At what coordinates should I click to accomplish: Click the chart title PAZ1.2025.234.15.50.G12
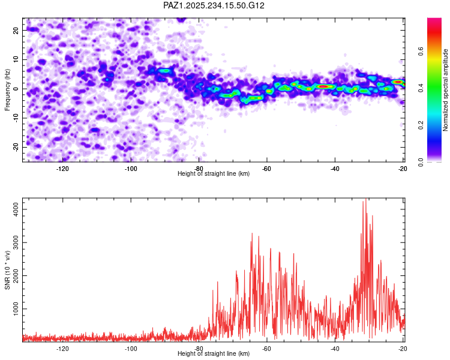coord(214,5)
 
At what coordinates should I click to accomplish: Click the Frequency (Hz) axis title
coord(8,90)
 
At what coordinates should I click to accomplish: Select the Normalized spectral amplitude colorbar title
coord(446,90)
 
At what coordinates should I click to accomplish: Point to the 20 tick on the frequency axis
coord(16,30)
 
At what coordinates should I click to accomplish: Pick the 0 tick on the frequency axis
coord(18,89)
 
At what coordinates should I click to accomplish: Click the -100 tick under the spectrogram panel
coord(131,169)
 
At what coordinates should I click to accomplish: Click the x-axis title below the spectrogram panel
coord(214,174)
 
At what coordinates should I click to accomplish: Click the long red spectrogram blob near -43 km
coord(324,86)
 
